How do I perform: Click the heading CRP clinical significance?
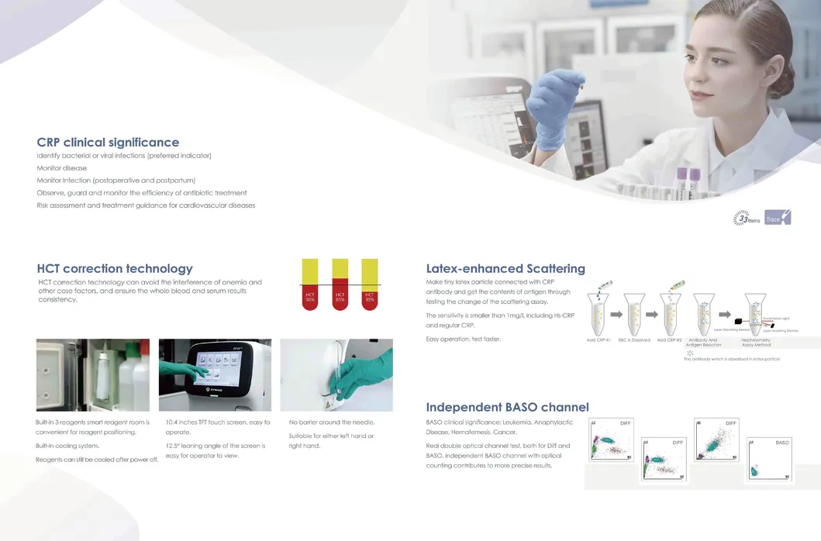pos(108,143)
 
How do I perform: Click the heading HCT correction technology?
pos(115,269)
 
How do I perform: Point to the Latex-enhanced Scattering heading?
pos(505,269)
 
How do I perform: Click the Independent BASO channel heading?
pos(507,407)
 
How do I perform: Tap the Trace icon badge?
pos(777,218)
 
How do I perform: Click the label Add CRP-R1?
pos(599,340)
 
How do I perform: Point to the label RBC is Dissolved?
pos(634,340)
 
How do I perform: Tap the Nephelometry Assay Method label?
pos(756,342)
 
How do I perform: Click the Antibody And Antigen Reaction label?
pos(703,342)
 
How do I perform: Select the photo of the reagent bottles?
pos(93,374)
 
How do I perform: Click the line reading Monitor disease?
pos(62,168)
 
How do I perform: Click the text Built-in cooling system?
pos(67,446)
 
